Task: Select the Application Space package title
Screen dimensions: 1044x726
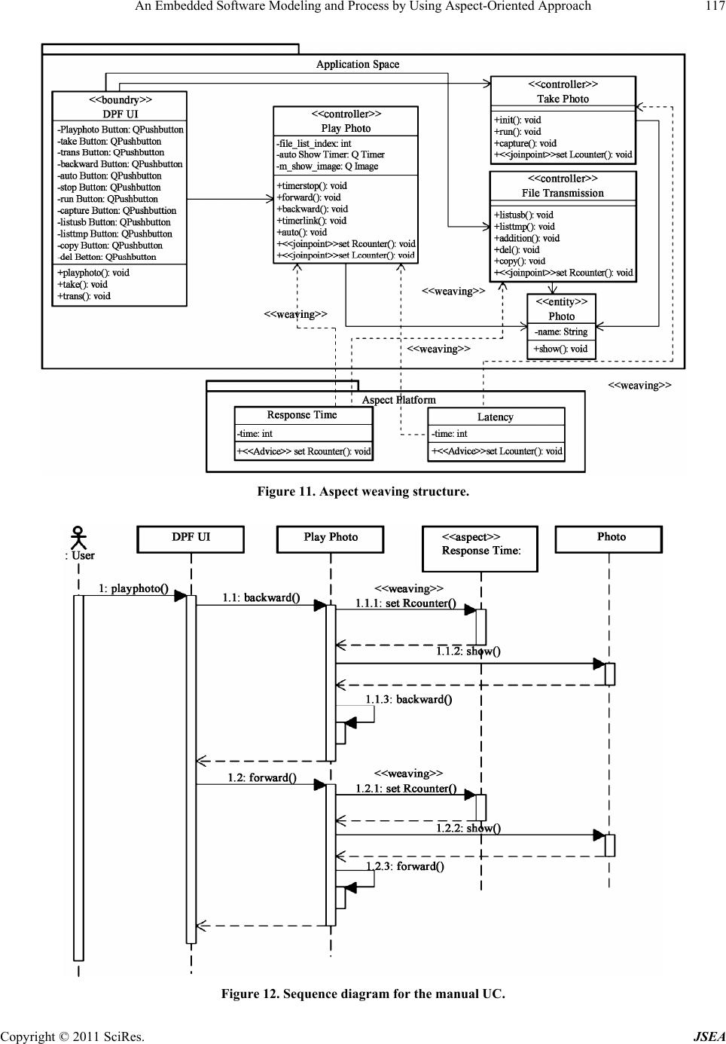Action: click(358, 65)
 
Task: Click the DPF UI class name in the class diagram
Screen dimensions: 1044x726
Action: click(120, 114)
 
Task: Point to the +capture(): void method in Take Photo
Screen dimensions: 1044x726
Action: click(525, 143)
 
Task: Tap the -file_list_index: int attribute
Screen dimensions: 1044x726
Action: click(313, 143)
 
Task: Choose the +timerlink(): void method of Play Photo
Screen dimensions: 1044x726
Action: click(312, 221)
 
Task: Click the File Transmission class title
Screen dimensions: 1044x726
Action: click(563, 193)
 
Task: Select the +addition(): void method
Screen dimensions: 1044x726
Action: click(526, 238)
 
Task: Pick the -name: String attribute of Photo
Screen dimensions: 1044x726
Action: click(560, 331)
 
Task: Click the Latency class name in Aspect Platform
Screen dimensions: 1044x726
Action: click(495, 417)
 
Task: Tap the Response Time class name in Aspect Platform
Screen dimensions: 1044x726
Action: click(302, 415)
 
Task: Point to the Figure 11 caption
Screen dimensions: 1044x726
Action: click(363, 492)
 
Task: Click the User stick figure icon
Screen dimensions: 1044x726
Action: click(78, 537)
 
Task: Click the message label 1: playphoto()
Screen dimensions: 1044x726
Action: click(133, 588)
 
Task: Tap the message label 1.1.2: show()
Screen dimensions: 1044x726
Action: click(468, 652)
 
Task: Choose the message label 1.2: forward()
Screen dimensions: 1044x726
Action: click(262, 777)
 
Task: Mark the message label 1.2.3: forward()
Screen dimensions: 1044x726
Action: click(405, 866)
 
